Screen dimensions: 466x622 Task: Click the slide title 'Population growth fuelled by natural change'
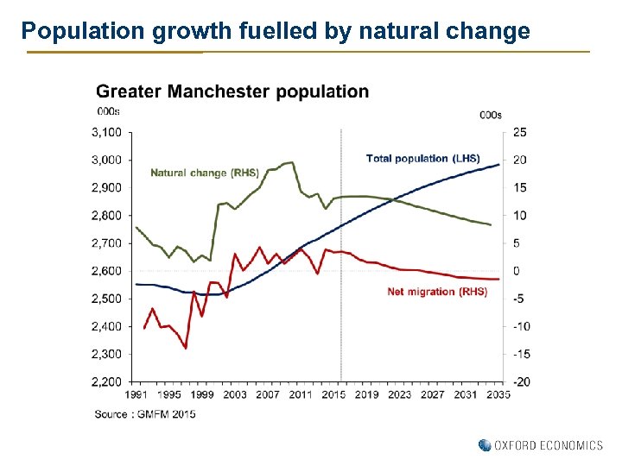click(276, 32)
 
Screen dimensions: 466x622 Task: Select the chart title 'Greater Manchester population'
click(232, 91)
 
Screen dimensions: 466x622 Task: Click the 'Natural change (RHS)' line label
click(205, 173)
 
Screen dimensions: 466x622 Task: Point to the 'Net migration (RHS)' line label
click(437, 292)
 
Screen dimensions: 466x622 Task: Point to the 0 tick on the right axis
click(517, 271)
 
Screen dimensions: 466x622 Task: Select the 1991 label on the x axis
click(136, 394)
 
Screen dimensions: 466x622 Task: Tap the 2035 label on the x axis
click(498, 394)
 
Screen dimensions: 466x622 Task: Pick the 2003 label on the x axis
click(235, 394)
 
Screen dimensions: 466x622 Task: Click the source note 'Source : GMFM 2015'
click(145, 414)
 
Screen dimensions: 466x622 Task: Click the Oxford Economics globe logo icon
click(484, 445)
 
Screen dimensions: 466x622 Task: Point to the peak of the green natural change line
click(292, 162)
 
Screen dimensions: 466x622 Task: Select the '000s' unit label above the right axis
click(490, 115)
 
